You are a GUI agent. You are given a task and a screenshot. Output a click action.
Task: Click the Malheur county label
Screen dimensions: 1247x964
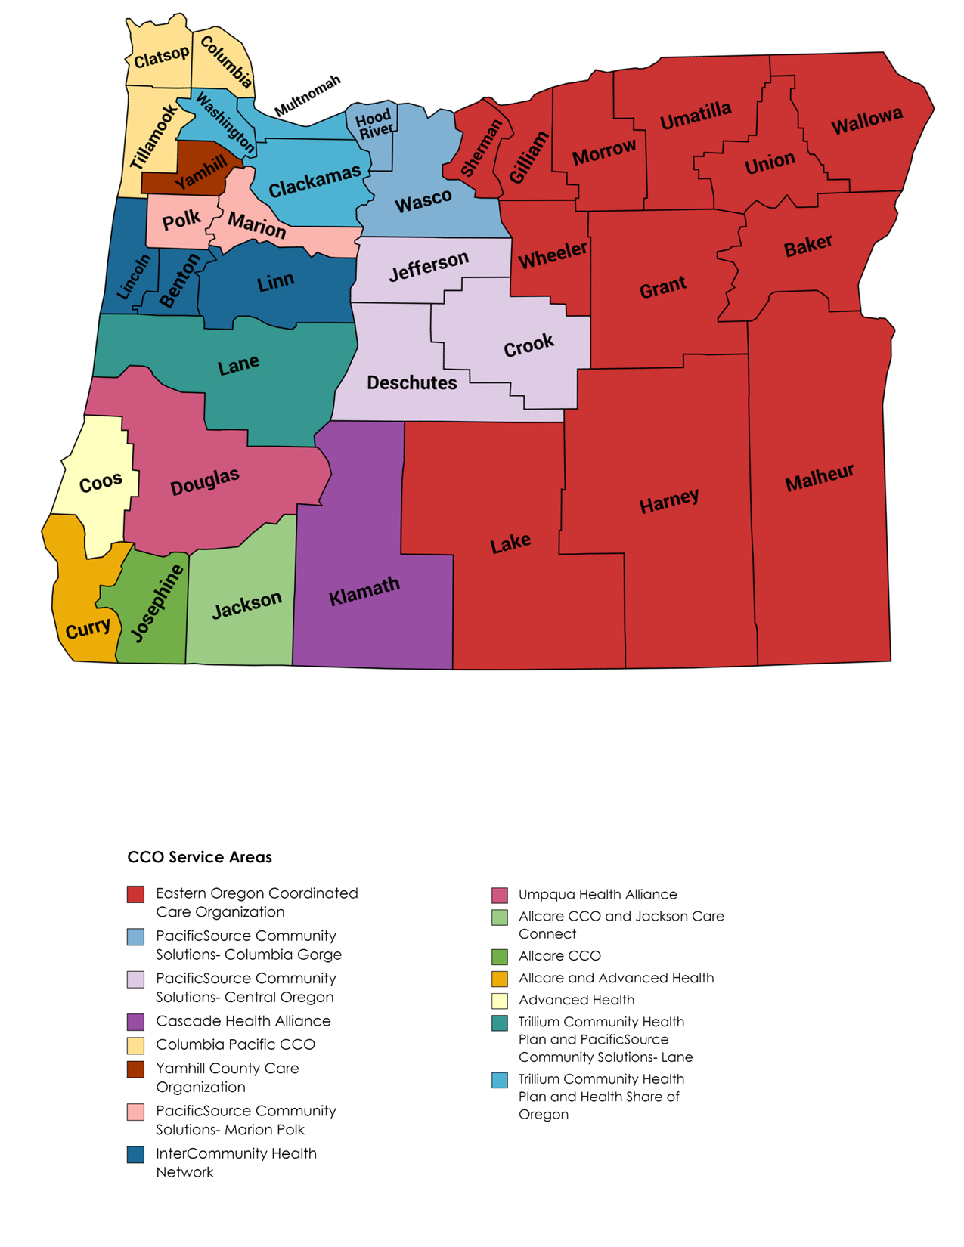click(819, 478)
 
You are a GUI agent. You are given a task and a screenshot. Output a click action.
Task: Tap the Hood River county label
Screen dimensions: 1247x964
click(374, 124)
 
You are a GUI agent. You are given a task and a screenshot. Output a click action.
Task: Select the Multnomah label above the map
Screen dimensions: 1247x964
click(307, 95)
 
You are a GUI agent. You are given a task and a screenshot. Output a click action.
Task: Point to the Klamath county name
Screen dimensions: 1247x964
click(364, 590)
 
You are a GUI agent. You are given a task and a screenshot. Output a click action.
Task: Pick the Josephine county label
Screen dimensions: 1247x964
click(157, 603)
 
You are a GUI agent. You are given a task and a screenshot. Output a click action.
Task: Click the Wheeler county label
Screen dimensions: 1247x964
click(552, 255)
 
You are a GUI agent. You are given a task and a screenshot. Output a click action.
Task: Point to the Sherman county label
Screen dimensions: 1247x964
click(481, 148)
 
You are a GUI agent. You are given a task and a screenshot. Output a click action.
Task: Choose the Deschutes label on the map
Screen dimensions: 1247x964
click(411, 383)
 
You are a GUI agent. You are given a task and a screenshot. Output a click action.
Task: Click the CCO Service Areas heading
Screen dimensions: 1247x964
click(200, 857)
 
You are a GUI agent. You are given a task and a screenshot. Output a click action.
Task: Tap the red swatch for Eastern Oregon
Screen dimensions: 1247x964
click(135, 894)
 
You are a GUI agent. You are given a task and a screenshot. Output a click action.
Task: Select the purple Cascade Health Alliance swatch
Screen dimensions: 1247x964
click(135, 1022)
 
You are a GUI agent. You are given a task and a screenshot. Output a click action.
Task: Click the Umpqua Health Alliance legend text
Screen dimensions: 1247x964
click(597, 894)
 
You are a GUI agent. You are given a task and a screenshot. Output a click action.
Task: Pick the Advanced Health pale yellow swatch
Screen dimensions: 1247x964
click(500, 1001)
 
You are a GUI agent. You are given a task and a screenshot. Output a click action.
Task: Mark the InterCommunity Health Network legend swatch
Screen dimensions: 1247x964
click(135, 1154)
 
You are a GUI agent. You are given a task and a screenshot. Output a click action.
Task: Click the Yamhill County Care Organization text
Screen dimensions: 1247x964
click(227, 1077)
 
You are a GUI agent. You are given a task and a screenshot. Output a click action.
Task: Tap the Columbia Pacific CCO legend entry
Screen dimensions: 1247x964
click(235, 1044)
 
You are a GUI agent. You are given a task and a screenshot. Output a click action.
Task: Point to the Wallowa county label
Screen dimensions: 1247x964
click(866, 120)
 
